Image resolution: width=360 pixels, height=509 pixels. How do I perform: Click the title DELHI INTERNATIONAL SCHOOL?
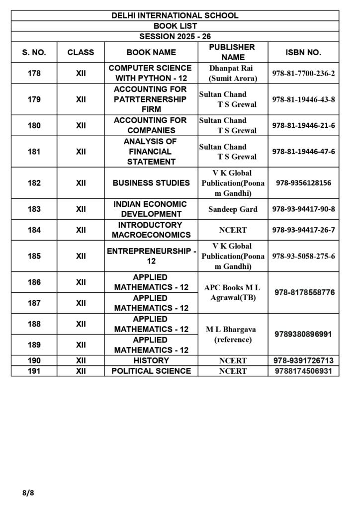click(175, 15)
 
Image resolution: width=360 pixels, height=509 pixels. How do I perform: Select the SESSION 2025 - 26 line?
click(175, 36)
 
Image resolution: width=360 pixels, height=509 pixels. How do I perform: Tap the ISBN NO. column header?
click(303, 52)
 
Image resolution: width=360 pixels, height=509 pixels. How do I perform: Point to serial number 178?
click(34, 73)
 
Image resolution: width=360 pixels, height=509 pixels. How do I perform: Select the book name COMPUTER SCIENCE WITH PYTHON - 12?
click(150, 73)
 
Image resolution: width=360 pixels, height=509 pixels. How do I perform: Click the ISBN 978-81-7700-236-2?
click(303, 73)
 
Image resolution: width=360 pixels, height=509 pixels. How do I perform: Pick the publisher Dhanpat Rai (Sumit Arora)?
click(233, 73)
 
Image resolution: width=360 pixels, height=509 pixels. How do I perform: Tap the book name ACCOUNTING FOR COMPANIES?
click(150, 125)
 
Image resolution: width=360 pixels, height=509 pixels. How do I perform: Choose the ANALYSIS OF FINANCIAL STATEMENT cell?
click(150, 152)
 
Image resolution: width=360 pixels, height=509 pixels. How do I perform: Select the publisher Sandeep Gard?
click(233, 209)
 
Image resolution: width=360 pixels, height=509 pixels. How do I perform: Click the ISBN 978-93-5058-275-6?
click(303, 256)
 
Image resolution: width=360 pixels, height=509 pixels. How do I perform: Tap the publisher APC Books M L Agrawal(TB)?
click(232, 293)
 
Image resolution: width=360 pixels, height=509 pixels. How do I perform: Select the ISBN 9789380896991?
click(303, 335)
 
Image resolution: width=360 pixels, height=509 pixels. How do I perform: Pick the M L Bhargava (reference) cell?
click(233, 335)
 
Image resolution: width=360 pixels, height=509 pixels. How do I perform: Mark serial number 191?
click(34, 371)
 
